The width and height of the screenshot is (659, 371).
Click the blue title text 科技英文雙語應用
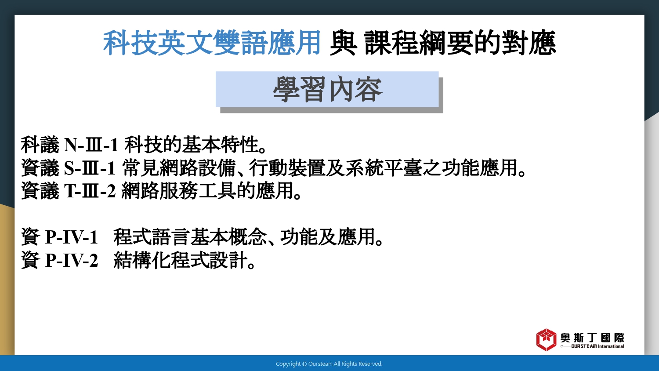211,43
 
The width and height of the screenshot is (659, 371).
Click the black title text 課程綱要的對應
460,43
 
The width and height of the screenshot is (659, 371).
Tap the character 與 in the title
343,43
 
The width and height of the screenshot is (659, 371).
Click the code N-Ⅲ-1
91,145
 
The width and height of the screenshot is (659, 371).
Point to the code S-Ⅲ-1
90,168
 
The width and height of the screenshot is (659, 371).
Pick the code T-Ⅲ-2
90,191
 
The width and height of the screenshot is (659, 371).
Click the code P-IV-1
71,237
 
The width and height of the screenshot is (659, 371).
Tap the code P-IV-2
71,260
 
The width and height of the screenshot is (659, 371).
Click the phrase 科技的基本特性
191,145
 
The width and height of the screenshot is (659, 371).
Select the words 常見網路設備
178,168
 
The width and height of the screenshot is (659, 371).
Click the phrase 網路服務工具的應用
208,191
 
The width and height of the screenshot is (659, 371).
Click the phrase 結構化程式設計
180,260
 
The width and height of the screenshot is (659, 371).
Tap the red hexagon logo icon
546,340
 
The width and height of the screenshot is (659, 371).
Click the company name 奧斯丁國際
592,338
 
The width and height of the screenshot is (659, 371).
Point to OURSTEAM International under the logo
597,346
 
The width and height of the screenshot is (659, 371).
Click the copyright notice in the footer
329,364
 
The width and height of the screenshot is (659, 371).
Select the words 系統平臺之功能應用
431,168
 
